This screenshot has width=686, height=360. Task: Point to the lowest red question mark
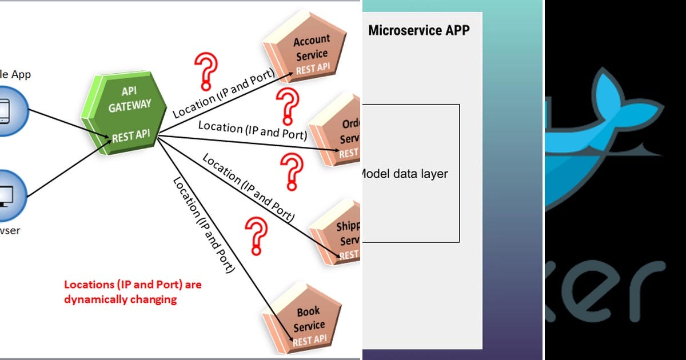click(256, 234)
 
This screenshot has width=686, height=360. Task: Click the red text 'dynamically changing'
click(120, 299)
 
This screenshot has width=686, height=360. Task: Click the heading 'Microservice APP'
click(418, 30)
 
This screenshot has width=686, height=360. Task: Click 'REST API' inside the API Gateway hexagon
click(131, 136)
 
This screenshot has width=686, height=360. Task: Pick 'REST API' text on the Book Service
click(309, 341)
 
